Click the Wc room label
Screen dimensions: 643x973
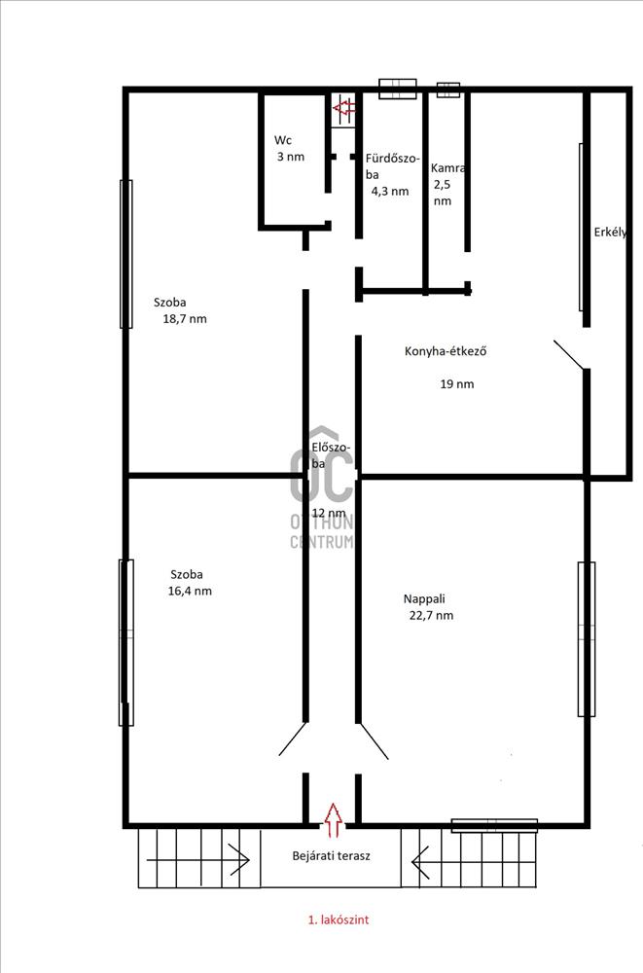point(283,140)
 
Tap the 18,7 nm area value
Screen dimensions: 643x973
point(185,319)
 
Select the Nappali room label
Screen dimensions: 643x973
point(424,598)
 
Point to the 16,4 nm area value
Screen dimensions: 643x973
point(190,591)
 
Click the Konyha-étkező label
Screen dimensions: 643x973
point(446,351)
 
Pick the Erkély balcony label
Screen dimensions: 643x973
point(610,233)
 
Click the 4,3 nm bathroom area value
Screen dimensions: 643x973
point(390,191)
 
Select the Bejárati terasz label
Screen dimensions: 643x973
point(332,855)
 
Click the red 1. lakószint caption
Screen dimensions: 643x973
point(339,919)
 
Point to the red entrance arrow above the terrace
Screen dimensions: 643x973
point(334,818)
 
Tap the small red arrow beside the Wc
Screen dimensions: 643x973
point(343,109)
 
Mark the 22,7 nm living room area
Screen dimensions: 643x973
point(431,616)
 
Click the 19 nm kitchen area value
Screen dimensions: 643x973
point(457,384)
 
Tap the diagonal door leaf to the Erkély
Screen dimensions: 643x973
point(568,355)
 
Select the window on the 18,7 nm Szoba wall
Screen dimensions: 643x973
point(126,254)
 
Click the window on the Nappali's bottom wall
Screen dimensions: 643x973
point(494,825)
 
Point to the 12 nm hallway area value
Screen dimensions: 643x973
point(329,513)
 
